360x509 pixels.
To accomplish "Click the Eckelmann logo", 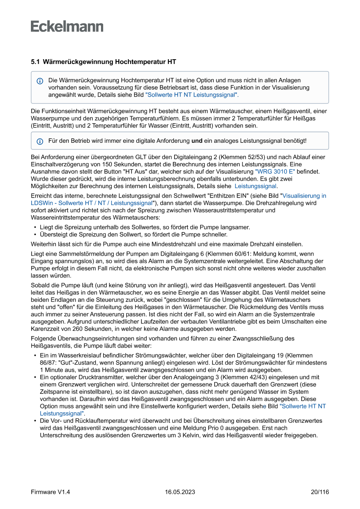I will [67, 26].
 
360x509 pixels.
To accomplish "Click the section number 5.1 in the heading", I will [35, 62].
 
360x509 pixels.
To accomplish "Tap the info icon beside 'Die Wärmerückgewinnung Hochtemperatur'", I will [40, 81].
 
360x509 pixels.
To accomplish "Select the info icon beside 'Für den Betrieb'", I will [40, 141].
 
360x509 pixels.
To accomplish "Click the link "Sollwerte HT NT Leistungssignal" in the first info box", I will [192, 94].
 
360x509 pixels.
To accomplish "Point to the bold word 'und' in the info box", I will [197, 141].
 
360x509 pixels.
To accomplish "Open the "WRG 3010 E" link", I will [275, 172].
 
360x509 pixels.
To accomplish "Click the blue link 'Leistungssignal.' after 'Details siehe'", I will [256, 186].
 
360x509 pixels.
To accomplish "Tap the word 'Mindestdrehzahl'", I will [194, 244].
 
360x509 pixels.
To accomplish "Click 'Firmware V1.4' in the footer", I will [50, 492].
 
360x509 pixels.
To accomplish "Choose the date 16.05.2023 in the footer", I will [180, 492].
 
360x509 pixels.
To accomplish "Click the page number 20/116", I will [320, 492].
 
